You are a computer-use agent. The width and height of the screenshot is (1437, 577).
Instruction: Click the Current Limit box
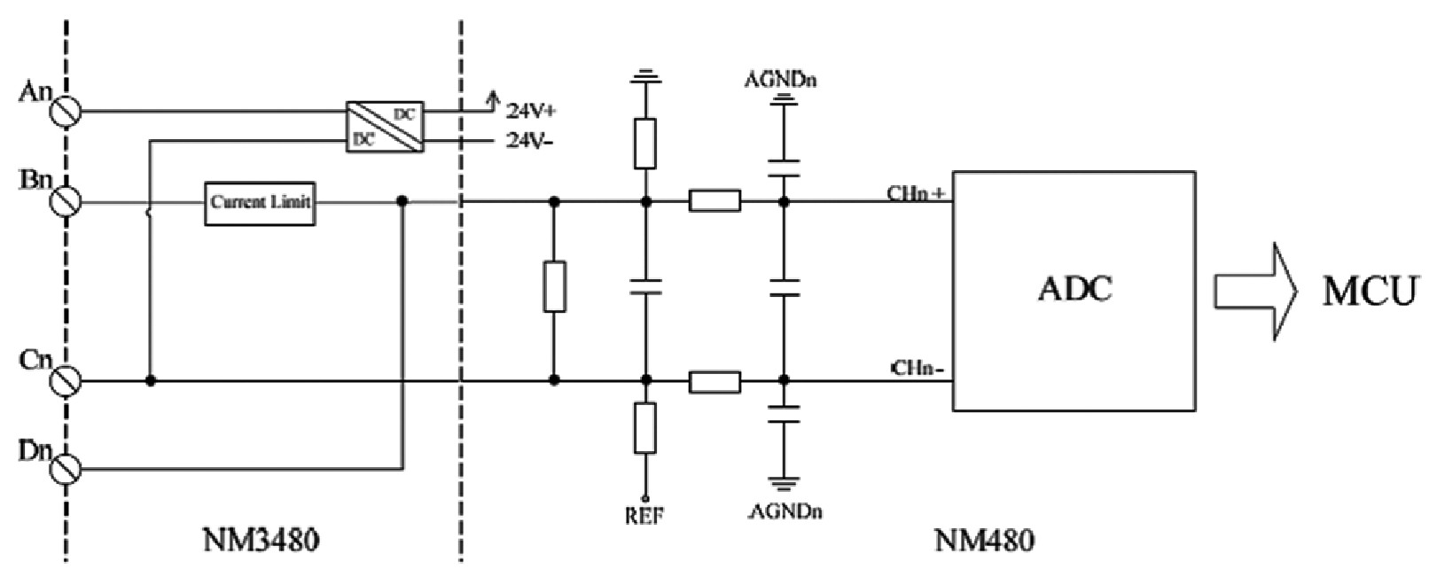pyautogui.click(x=260, y=203)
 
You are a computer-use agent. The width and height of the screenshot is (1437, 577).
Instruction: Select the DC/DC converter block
pyautogui.click(x=385, y=127)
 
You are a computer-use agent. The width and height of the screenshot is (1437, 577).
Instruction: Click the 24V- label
pyautogui.click(x=530, y=141)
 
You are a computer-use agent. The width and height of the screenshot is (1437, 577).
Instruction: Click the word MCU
pyautogui.click(x=1370, y=291)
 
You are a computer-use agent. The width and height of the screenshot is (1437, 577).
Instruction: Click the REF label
pyautogui.click(x=644, y=515)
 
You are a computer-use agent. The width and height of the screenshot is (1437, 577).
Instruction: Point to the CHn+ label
pyautogui.click(x=917, y=192)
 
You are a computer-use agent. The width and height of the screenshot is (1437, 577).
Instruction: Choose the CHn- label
pyautogui.click(x=917, y=369)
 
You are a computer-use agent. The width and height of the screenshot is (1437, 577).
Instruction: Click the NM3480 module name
pyautogui.click(x=261, y=539)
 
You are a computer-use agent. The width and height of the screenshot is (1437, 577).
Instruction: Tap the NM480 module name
pyautogui.click(x=984, y=539)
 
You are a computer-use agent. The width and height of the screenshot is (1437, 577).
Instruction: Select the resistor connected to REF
pyautogui.click(x=645, y=428)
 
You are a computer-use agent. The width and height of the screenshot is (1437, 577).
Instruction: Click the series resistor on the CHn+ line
pyautogui.click(x=715, y=201)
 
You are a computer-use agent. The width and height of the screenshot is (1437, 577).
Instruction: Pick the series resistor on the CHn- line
pyautogui.click(x=715, y=381)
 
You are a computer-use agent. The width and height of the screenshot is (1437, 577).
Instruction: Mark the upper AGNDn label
pyautogui.click(x=781, y=80)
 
